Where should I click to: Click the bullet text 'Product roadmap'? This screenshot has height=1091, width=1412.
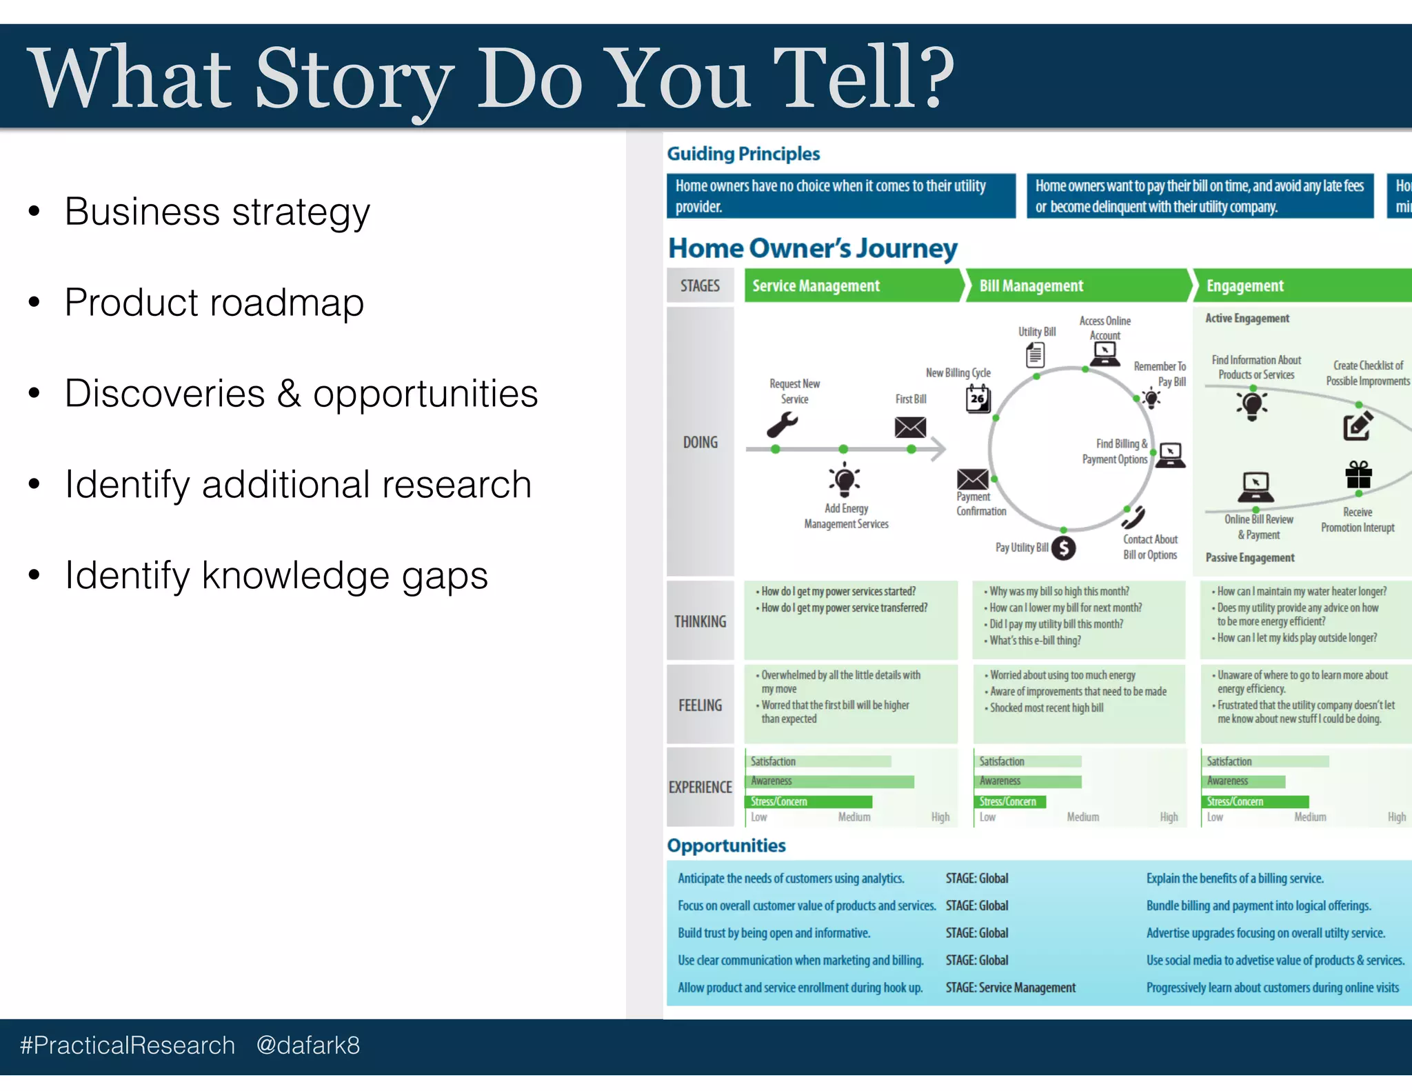214,303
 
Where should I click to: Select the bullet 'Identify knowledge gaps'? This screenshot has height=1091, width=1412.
276,576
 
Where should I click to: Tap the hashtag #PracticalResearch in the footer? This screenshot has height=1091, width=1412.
128,1045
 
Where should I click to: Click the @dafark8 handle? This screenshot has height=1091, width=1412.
308,1045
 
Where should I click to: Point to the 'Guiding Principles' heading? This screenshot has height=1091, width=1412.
743,154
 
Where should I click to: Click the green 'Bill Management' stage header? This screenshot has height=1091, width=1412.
1031,286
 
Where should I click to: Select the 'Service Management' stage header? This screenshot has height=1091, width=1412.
816,286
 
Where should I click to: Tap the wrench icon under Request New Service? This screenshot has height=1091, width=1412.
782,425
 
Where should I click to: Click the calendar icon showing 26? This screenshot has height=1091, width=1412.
978,399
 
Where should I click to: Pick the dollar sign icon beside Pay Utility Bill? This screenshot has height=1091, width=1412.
1064,548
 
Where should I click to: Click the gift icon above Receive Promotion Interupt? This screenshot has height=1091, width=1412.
1358,474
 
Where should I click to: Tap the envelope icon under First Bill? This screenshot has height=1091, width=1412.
910,428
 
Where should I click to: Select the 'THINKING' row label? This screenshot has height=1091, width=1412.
700,621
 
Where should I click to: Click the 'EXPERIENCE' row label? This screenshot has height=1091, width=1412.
700,787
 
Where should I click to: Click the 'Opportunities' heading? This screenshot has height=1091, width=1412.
726,845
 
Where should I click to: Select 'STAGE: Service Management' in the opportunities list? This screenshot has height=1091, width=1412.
1010,988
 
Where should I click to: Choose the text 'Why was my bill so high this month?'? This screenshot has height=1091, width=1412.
1059,592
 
